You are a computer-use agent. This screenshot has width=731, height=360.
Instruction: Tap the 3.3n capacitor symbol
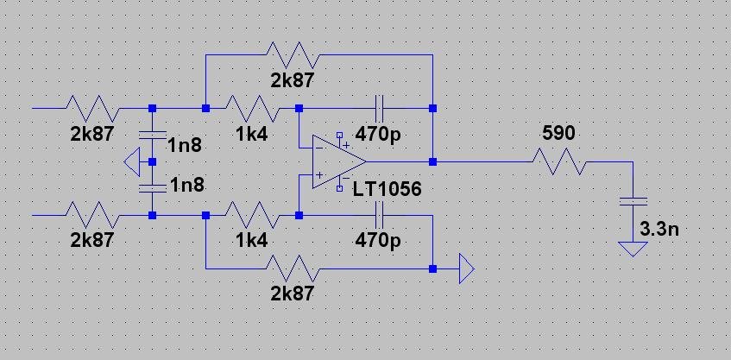(x=634, y=202)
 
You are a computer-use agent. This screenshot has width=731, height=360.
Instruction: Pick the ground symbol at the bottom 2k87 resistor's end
(x=464, y=268)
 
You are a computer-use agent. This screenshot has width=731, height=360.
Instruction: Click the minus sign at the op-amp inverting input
(x=318, y=148)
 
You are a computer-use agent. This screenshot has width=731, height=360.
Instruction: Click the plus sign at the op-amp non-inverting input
(x=318, y=176)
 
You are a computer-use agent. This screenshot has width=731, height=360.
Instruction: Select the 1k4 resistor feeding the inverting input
(x=252, y=108)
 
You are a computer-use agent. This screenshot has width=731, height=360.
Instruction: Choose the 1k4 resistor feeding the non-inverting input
(x=252, y=215)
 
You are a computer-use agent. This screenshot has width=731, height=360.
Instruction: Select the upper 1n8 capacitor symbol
(x=152, y=135)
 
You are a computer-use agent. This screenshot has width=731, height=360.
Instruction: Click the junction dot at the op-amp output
(x=432, y=161)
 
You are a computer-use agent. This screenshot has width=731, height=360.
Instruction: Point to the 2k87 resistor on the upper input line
(x=92, y=108)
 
